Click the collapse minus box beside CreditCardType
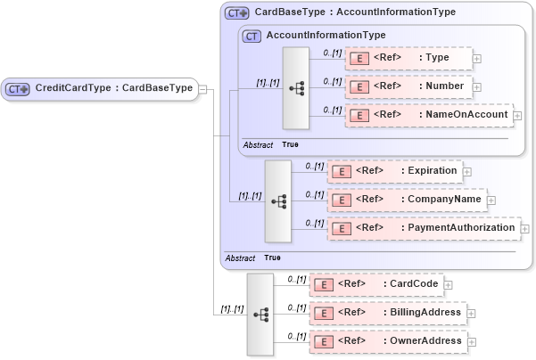pos(203,88)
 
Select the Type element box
pos(409,58)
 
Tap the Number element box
pos(409,87)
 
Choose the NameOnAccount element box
pos(428,116)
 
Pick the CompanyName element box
pos(406,200)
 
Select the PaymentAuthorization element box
pos(423,228)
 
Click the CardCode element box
pos(375,284)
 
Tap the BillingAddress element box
pos(387,313)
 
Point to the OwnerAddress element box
pos(387,341)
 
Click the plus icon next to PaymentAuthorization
pos(524,229)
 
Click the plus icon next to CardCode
pos(448,285)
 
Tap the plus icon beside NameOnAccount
pos(517,116)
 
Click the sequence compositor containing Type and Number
pos(296,88)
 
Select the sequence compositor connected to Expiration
pos(278,200)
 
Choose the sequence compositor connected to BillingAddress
pos(260,314)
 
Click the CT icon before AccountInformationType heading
pos(252,36)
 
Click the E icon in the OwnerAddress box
pos(326,341)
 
